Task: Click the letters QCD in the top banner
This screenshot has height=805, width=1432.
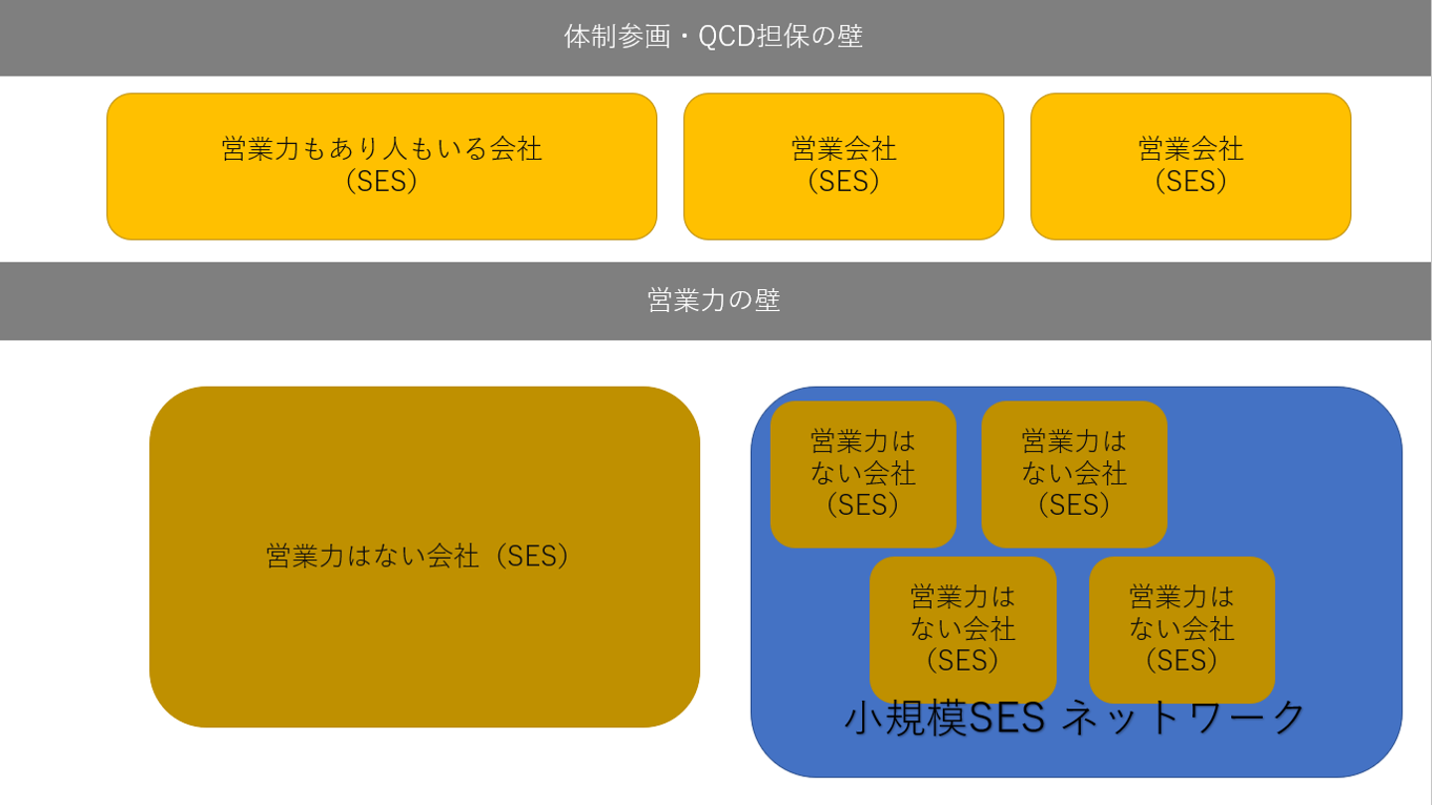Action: click(727, 37)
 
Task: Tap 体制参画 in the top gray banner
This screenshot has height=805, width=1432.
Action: click(617, 37)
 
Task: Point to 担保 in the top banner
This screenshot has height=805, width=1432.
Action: click(784, 37)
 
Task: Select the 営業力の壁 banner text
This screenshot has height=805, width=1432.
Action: click(714, 300)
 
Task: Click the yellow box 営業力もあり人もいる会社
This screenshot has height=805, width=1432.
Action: click(382, 167)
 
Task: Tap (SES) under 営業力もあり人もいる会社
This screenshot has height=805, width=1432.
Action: click(382, 182)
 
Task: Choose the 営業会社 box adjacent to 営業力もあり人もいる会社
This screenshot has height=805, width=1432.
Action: click(844, 167)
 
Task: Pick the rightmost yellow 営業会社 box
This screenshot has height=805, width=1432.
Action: click(1191, 167)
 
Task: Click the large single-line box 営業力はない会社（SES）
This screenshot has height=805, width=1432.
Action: click(425, 557)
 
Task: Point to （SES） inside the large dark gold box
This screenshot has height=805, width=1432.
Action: click(532, 556)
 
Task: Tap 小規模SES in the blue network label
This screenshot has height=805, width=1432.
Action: click(945, 719)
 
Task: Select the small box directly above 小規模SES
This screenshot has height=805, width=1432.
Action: click(963, 630)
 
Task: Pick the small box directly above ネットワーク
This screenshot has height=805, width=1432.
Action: click(1182, 630)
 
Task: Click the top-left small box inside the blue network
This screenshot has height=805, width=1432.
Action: click(863, 474)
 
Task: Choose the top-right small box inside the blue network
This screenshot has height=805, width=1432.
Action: click(1074, 474)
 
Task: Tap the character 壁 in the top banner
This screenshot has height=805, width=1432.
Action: click(850, 37)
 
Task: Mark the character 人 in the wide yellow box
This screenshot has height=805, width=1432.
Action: click(395, 149)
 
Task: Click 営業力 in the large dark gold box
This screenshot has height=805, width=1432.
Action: click(305, 556)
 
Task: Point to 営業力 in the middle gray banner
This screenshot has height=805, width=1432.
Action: click(687, 300)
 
